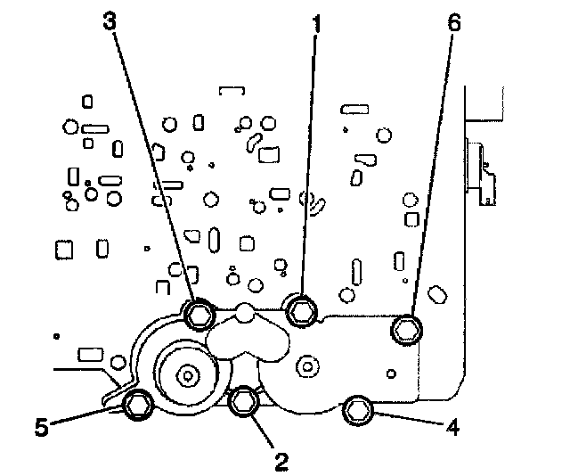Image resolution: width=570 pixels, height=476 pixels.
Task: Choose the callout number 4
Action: pyautogui.click(x=452, y=427)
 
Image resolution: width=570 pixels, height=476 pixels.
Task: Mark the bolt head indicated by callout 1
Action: pyautogui.click(x=302, y=309)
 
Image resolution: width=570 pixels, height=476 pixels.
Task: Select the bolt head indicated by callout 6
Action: pyautogui.click(x=406, y=328)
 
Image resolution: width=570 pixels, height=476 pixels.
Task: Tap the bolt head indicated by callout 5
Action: pyautogui.click(x=136, y=405)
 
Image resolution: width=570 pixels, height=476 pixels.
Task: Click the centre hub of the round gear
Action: pyautogui.click(x=187, y=374)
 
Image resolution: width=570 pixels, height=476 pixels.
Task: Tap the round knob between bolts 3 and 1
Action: pyautogui.click(x=244, y=313)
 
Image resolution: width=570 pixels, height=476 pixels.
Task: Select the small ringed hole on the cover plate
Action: pyautogui.click(x=307, y=364)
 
